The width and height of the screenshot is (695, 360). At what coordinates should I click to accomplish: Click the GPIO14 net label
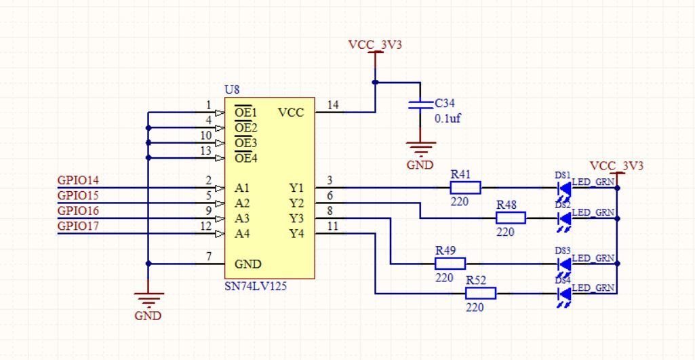tap(78, 180)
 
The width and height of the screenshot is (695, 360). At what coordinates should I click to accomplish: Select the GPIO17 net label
tap(78, 226)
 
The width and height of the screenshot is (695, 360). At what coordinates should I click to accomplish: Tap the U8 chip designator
tap(231, 89)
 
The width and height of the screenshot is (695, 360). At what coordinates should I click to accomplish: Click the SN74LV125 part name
tap(255, 286)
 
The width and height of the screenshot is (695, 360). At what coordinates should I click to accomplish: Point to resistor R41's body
tap(466, 188)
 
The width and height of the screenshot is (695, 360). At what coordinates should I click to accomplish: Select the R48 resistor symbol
tap(511, 218)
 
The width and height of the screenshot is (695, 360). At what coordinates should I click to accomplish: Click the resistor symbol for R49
tap(450, 263)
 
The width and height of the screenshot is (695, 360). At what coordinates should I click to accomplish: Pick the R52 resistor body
tap(481, 293)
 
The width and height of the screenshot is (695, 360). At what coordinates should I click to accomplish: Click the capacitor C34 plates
tap(421, 104)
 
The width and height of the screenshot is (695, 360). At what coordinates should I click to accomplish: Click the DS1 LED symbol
tap(563, 188)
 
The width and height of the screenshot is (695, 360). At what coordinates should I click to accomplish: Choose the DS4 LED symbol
tap(563, 293)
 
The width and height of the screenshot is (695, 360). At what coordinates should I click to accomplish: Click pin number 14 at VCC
tap(333, 105)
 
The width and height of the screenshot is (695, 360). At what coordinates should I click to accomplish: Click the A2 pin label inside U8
tap(243, 203)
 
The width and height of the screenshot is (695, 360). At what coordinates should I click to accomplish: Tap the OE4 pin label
tap(245, 159)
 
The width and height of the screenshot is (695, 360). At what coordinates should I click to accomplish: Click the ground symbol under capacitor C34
tap(421, 148)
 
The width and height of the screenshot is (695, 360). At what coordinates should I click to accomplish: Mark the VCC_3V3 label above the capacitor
tap(375, 45)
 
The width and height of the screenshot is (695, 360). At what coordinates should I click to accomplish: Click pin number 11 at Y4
tap(333, 226)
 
